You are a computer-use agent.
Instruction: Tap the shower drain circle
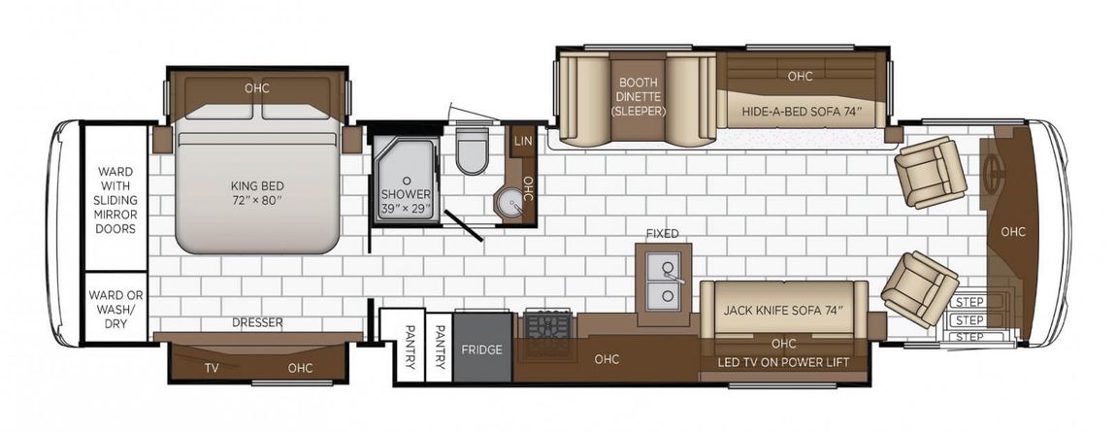(x=407, y=181)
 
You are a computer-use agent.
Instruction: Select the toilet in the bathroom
(x=472, y=150)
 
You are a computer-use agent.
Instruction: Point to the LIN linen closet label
(x=522, y=142)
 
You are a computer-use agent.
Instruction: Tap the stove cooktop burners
(x=548, y=326)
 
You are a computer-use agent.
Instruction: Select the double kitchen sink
(x=664, y=283)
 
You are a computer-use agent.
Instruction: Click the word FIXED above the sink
(x=662, y=234)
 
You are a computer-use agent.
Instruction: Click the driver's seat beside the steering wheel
(x=931, y=172)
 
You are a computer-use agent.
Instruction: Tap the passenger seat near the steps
(x=920, y=288)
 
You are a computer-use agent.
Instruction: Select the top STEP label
(x=969, y=301)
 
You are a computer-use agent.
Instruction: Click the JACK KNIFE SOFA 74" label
(x=783, y=310)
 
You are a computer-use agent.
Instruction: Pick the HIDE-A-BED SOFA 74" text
(x=802, y=111)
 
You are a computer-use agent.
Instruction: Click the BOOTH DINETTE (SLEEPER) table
(x=638, y=96)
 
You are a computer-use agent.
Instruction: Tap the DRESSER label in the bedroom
(x=257, y=322)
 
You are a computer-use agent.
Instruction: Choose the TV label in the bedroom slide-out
(x=212, y=368)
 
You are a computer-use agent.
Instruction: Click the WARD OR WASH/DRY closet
(x=116, y=308)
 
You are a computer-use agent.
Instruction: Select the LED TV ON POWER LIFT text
(x=784, y=362)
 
